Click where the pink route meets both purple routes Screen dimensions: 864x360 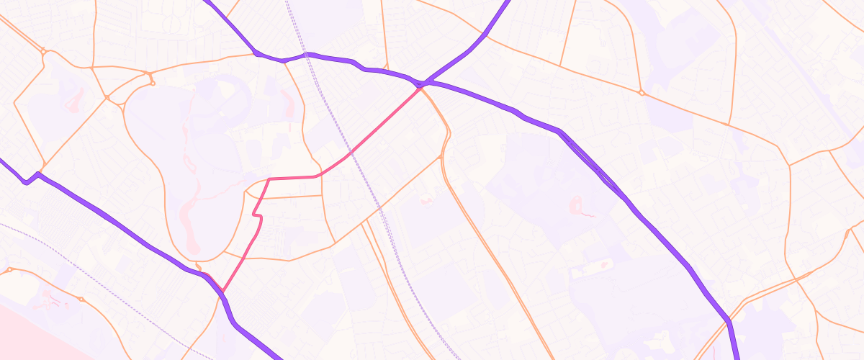point(422,85)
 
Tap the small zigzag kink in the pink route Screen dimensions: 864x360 point(256,215)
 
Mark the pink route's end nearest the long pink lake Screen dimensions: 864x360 point(222,292)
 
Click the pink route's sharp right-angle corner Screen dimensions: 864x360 point(269,179)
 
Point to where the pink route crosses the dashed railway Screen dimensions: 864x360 point(350,153)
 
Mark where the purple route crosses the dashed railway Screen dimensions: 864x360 point(307,54)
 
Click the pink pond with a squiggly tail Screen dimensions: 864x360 point(580,207)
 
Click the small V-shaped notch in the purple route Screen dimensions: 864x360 point(27,181)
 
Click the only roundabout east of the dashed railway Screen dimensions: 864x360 point(641,93)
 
